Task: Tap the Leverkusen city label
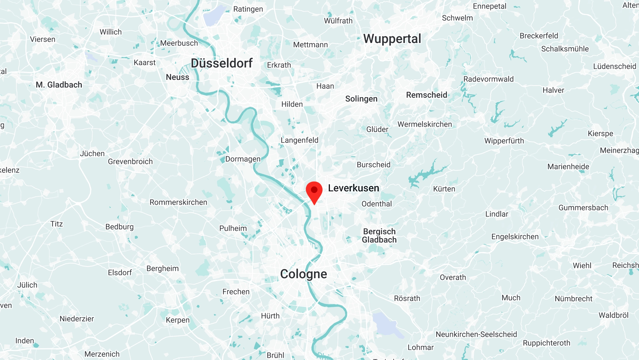click(x=354, y=188)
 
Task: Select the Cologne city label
click(x=304, y=274)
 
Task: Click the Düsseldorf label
click(x=222, y=63)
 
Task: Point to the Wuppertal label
click(x=392, y=39)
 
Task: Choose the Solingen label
click(x=361, y=99)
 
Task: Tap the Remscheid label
click(x=426, y=95)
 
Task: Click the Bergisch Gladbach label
click(x=379, y=236)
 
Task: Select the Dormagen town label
click(x=243, y=159)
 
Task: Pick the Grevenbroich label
click(x=130, y=162)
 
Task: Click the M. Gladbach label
click(x=59, y=85)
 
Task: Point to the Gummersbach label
click(x=583, y=208)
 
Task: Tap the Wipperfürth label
click(x=504, y=141)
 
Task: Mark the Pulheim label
click(x=233, y=228)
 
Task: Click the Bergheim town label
click(x=163, y=269)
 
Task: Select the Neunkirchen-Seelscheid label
click(x=476, y=335)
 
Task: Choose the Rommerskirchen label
click(x=178, y=202)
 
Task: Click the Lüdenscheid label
click(x=614, y=67)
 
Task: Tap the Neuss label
click(x=178, y=77)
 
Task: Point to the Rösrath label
click(x=407, y=299)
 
